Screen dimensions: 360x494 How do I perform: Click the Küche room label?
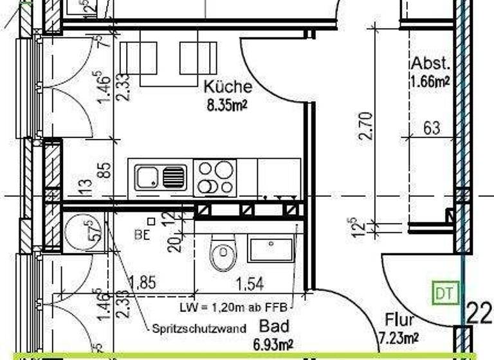coord(228,87)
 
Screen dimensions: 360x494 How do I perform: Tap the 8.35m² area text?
coord(227,104)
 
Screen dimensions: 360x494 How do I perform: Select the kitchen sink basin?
coord(147,176)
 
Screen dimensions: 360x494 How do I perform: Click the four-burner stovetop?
coord(215,177)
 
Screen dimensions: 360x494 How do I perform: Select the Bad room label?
coord(274,325)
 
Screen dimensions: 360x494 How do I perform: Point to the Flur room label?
coord(399,320)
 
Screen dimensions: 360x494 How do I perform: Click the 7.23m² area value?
coord(399,337)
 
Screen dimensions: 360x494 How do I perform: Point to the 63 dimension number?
coord(432,127)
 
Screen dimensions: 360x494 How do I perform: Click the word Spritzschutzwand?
coord(199,328)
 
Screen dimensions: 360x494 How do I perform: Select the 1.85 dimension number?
coord(142,282)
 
